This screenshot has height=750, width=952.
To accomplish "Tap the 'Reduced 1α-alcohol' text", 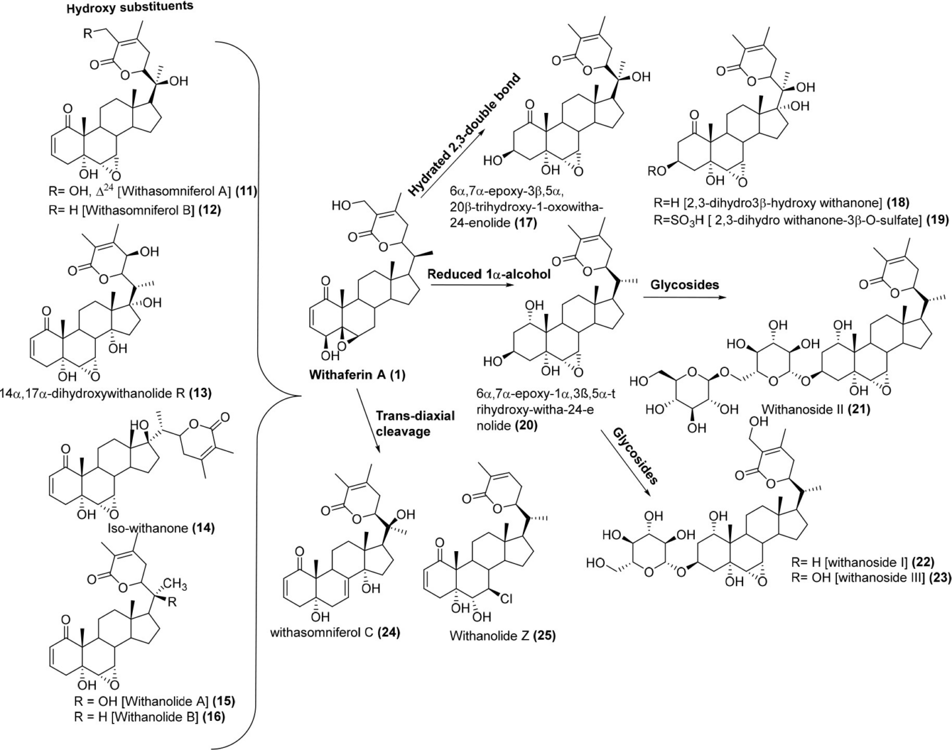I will (x=489, y=274).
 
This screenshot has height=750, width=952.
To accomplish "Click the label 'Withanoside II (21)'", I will (x=815, y=409).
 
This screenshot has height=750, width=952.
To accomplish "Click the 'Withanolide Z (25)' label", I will (x=502, y=636).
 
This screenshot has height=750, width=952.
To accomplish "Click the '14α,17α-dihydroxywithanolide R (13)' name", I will (x=106, y=393).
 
